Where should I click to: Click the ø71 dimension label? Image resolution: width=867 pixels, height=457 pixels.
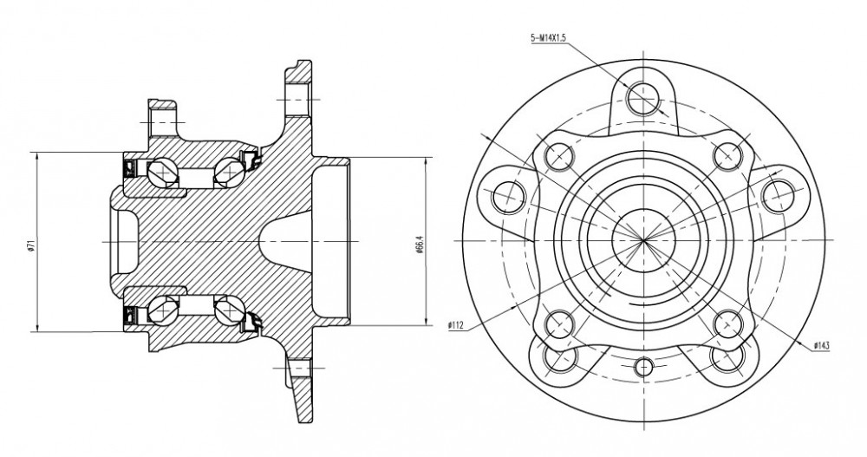pyautogui.click(x=31, y=244)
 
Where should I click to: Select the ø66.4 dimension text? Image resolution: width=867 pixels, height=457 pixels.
pyautogui.click(x=420, y=244)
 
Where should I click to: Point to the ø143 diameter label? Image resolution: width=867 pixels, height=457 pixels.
pyautogui.click(x=822, y=346)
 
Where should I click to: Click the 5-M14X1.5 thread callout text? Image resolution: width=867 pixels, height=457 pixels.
pyautogui.click(x=548, y=38)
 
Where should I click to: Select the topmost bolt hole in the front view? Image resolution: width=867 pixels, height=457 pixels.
pyautogui.click(x=643, y=97)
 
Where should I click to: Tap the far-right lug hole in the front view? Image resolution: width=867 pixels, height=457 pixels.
pyautogui.click(x=779, y=196)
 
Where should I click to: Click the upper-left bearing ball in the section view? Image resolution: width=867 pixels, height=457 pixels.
pyautogui.click(x=163, y=172)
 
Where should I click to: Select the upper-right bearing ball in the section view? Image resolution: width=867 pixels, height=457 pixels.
pyautogui.click(x=227, y=172)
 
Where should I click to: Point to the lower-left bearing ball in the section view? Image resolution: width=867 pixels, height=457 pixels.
pyautogui.click(x=163, y=311)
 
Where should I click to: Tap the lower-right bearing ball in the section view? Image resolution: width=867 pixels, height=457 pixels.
pyautogui.click(x=228, y=311)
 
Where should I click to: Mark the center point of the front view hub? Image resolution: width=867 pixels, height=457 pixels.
pyautogui.click(x=644, y=241)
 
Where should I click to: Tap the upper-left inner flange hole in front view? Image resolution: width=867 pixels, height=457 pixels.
pyautogui.click(x=557, y=155)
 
